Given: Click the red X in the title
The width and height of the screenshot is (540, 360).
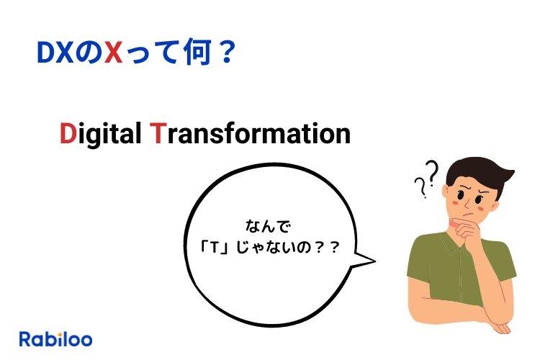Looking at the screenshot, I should pos(113,53).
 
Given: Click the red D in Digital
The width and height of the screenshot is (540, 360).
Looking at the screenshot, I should pos(68,134).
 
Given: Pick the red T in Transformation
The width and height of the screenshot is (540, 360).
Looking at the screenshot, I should pos(158,134).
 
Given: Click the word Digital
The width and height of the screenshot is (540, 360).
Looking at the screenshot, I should pos(100,135).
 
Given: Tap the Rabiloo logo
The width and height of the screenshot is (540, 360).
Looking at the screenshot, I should pos(55,338).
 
